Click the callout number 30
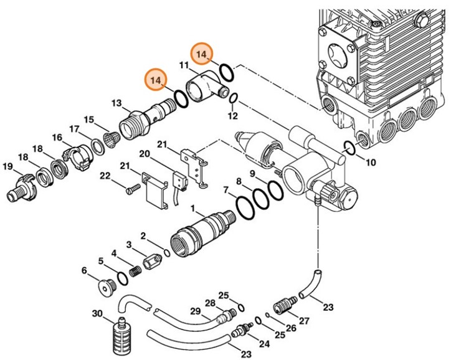coord(97,313)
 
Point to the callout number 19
coord(8,166)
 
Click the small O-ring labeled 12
coord(234,100)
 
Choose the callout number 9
coord(253,173)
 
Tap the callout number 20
coord(144,154)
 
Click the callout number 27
coord(305,321)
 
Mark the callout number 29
coord(195,311)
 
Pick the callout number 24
coord(264,343)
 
